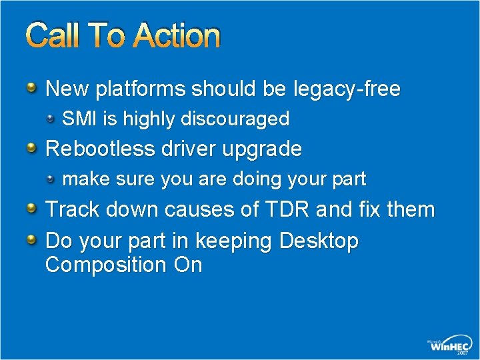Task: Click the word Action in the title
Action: pyautogui.click(x=176, y=37)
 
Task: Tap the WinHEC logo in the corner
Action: pyautogui.click(x=449, y=344)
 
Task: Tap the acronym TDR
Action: pyautogui.click(x=287, y=209)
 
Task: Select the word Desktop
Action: pyautogui.click(x=319, y=241)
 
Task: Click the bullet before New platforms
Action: pyautogui.click(x=32, y=87)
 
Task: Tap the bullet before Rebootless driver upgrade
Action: pyautogui.click(x=32, y=147)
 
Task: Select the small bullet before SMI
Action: pyautogui.click(x=52, y=118)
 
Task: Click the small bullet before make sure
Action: pyautogui.click(x=52, y=178)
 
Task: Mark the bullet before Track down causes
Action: pyautogui.click(x=32, y=208)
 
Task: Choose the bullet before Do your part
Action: pyautogui.click(x=32, y=239)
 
